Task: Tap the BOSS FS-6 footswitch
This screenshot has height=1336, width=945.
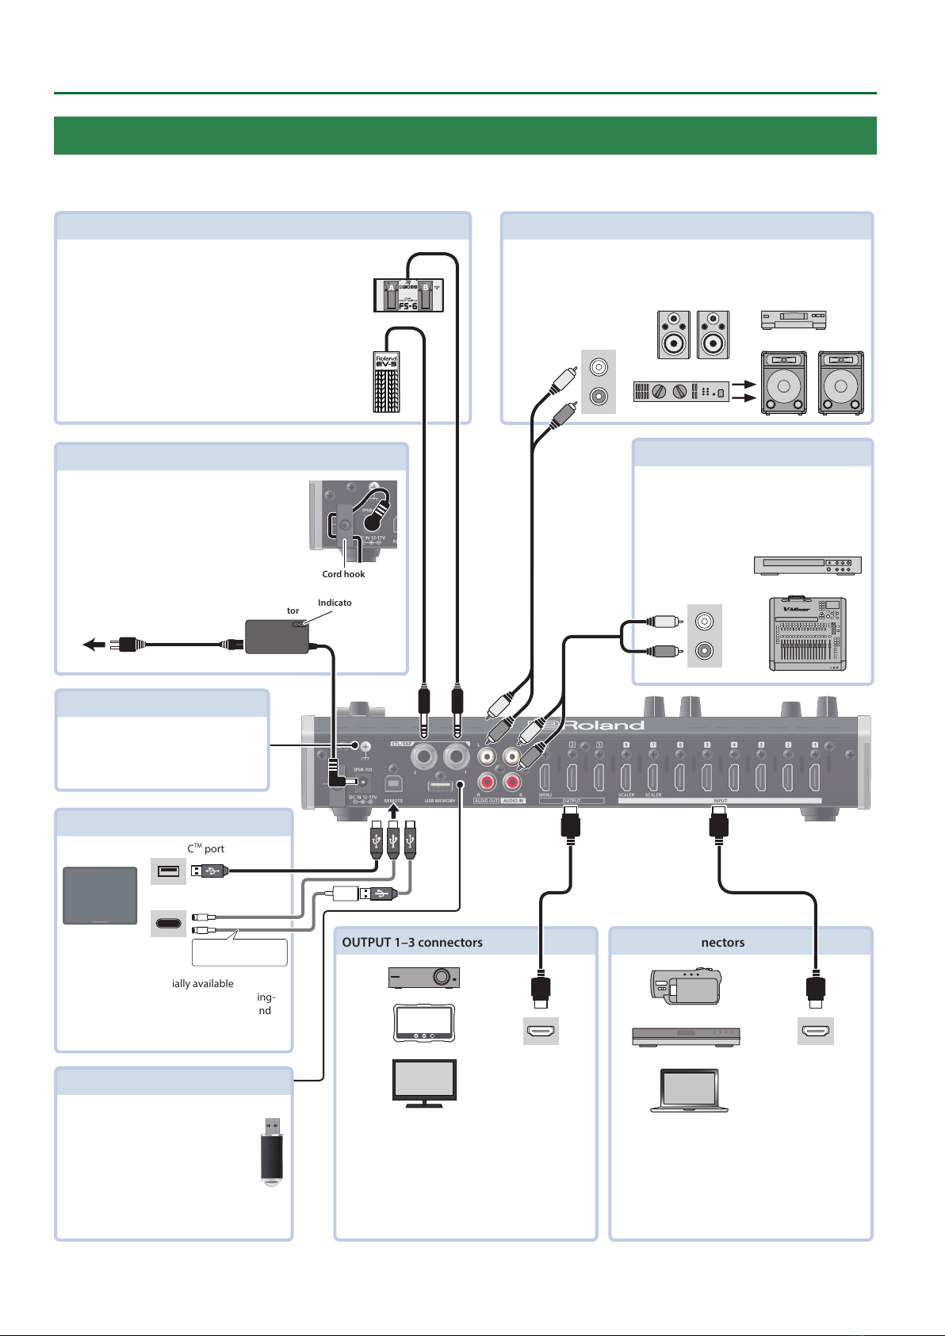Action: click(408, 296)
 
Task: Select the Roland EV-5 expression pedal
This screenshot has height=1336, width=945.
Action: click(387, 382)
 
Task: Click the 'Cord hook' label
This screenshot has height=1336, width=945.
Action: click(343, 574)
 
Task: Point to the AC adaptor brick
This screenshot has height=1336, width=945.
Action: click(277, 637)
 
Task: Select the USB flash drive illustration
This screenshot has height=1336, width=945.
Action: click(272, 1152)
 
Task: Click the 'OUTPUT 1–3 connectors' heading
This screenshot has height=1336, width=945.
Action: click(412, 943)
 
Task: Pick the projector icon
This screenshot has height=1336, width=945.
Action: click(423, 978)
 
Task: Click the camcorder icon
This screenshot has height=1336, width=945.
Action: click(687, 986)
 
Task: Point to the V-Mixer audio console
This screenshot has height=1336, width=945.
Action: click(808, 634)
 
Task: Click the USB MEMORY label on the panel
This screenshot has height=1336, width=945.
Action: click(440, 801)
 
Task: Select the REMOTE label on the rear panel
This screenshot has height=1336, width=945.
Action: click(394, 801)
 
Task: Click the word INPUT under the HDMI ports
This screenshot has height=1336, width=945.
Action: click(719, 801)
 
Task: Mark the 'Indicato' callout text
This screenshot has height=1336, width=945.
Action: click(335, 603)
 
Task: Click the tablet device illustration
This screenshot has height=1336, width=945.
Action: click(100, 896)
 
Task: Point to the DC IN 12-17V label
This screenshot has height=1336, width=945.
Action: click(362, 798)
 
